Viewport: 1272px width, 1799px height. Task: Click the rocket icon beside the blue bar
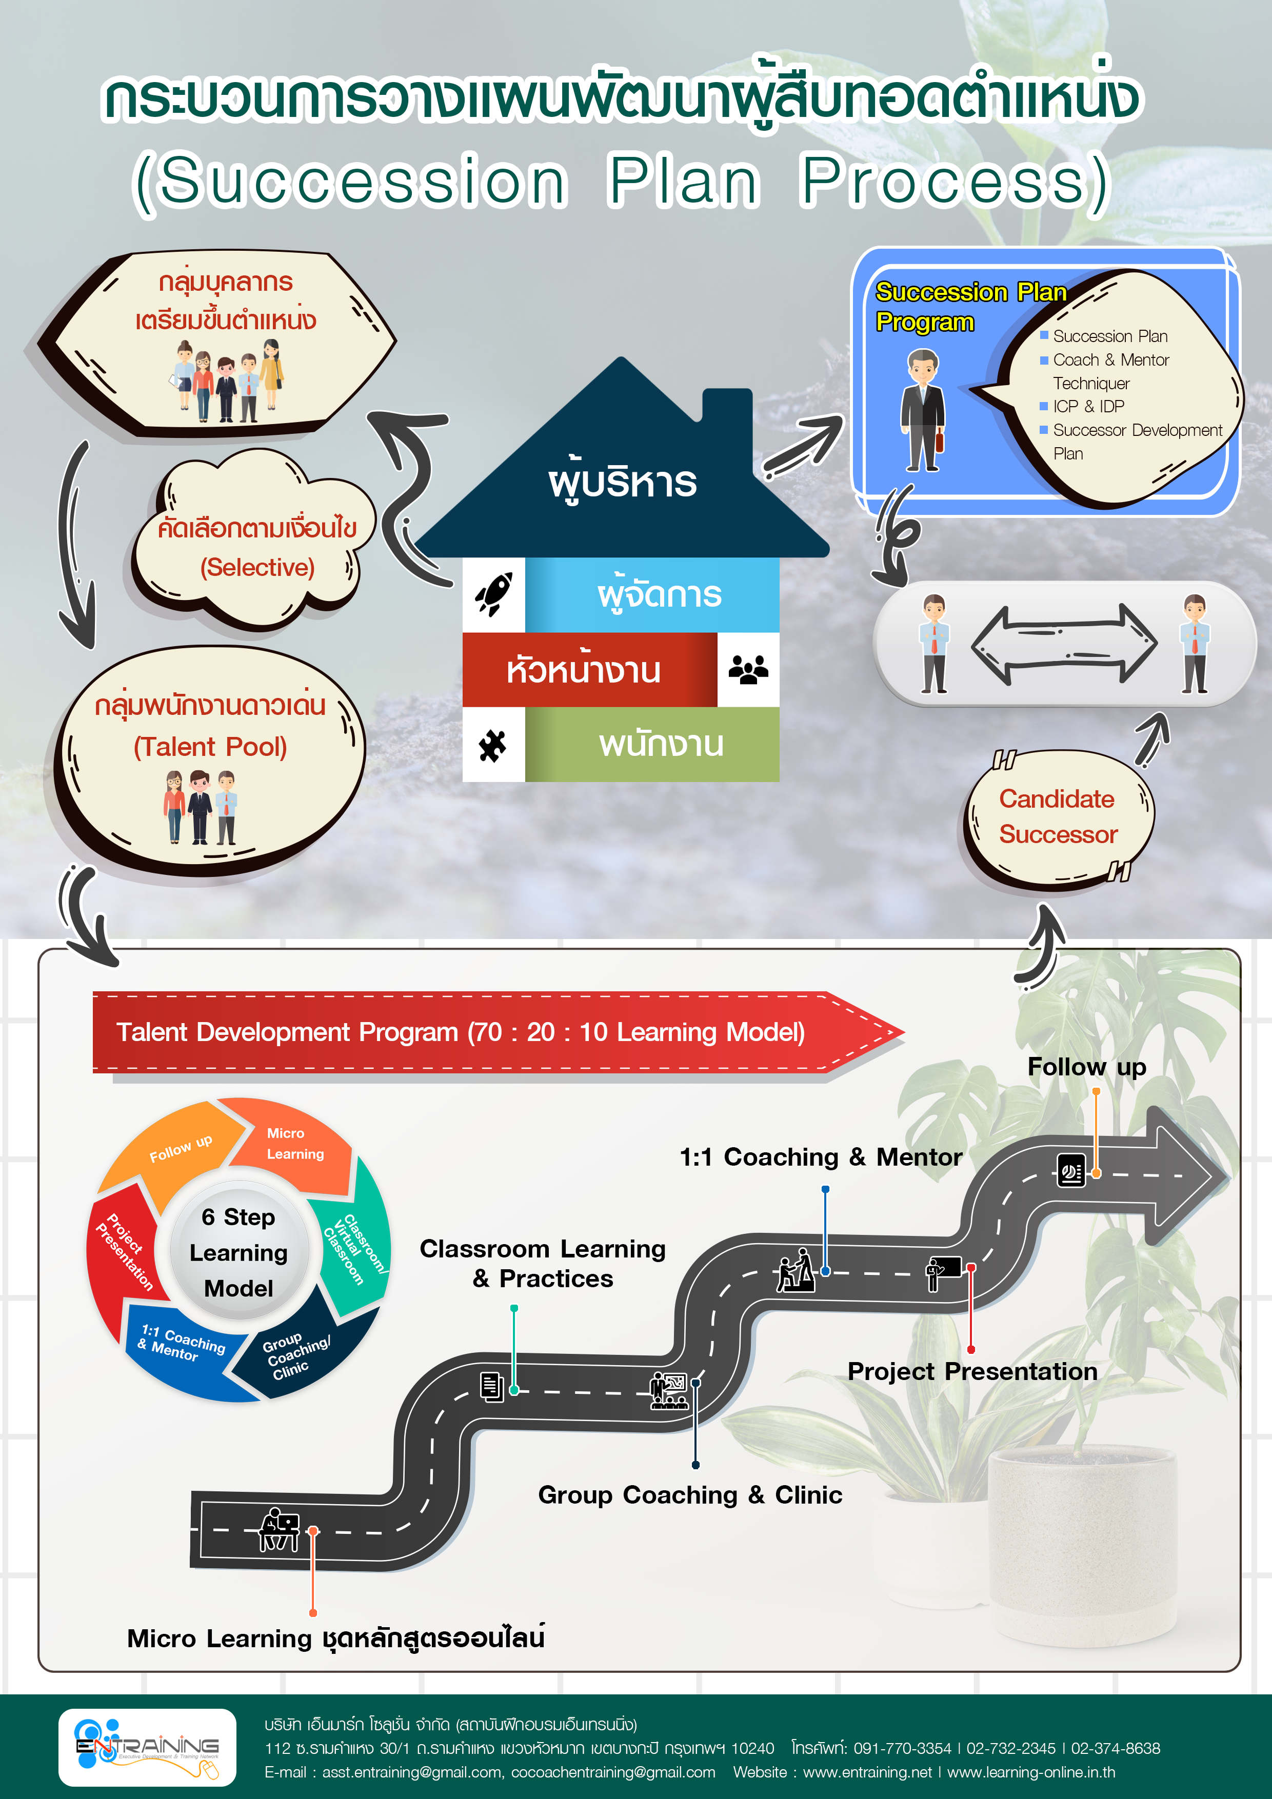pos(494,594)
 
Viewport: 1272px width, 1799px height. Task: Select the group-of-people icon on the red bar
pos(748,670)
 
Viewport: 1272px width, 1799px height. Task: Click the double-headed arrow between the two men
pos(1064,644)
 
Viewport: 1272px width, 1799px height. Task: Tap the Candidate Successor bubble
pos(1058,817)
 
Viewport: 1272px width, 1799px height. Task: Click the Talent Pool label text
pos(210,747)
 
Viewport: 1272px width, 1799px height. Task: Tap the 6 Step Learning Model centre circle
pos(239,1252)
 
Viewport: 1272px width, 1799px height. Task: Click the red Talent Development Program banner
pos(461,1032)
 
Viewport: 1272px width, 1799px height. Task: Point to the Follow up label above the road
pos(1086,1066)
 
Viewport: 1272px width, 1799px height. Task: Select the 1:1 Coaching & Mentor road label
pos(820,1156)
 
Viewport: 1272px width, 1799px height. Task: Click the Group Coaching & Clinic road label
pos(690,1495)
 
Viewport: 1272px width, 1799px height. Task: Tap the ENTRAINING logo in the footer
pos(147,1747)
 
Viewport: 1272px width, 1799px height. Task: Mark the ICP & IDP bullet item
pos(1088,406)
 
